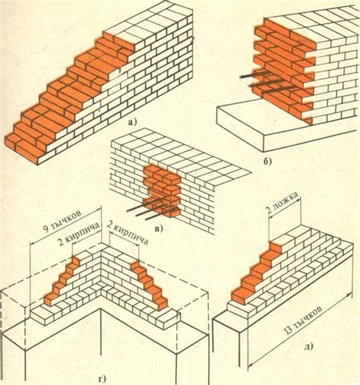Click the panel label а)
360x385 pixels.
pyautogui.click(x=132, y=122)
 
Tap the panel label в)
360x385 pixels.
pyautogui.click(x=159, y=229)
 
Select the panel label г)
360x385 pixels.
pyautogui.click(x=101, y=379)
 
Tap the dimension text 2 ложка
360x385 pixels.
pyautogui.click(x=282, y=204)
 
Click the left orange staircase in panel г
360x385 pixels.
pyautogui.click(x=62, y=282)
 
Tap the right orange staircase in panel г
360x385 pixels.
pyautogui.click(x=150, y=285)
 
